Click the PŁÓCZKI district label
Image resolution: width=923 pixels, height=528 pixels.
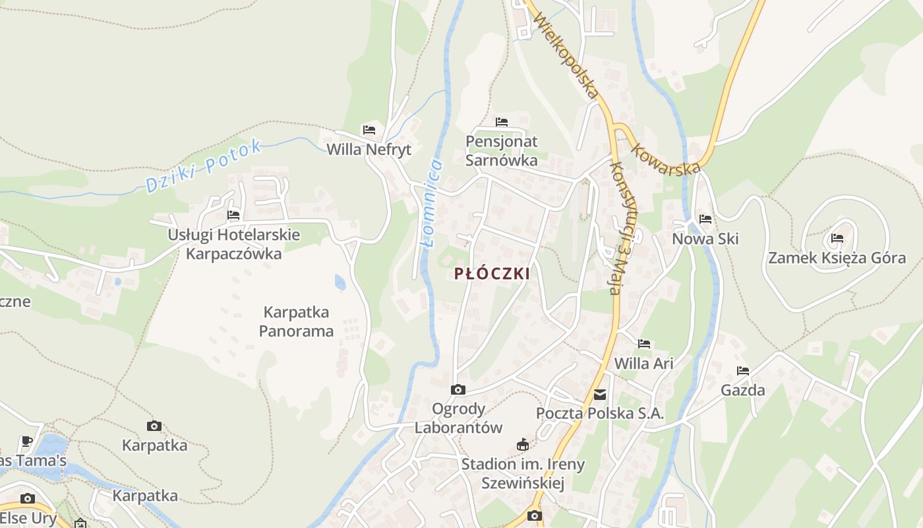point(492,274)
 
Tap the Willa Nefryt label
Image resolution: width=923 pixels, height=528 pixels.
point(369,150)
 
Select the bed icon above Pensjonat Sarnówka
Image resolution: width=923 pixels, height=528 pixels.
point(502,122)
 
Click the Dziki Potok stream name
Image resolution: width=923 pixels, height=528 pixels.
point(204,166)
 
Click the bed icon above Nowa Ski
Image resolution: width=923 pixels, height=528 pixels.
point(705,219)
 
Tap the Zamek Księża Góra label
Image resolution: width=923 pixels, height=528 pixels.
point(837,258)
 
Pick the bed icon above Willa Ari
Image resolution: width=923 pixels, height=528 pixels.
point(644,344)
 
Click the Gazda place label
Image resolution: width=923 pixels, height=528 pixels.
point(743,390)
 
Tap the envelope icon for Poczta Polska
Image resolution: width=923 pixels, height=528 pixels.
point(600,395)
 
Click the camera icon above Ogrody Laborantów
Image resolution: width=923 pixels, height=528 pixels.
point(458,390)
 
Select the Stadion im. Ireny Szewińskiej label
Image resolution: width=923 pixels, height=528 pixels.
point(523,473)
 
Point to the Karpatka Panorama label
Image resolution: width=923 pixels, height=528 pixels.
point(296,321)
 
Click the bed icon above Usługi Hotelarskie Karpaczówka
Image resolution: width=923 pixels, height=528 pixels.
point(233,215)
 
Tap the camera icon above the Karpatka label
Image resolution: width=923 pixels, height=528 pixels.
point(154,426)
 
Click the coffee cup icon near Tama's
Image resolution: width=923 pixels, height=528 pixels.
point(27,441)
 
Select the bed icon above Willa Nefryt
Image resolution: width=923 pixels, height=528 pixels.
point(369,130)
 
